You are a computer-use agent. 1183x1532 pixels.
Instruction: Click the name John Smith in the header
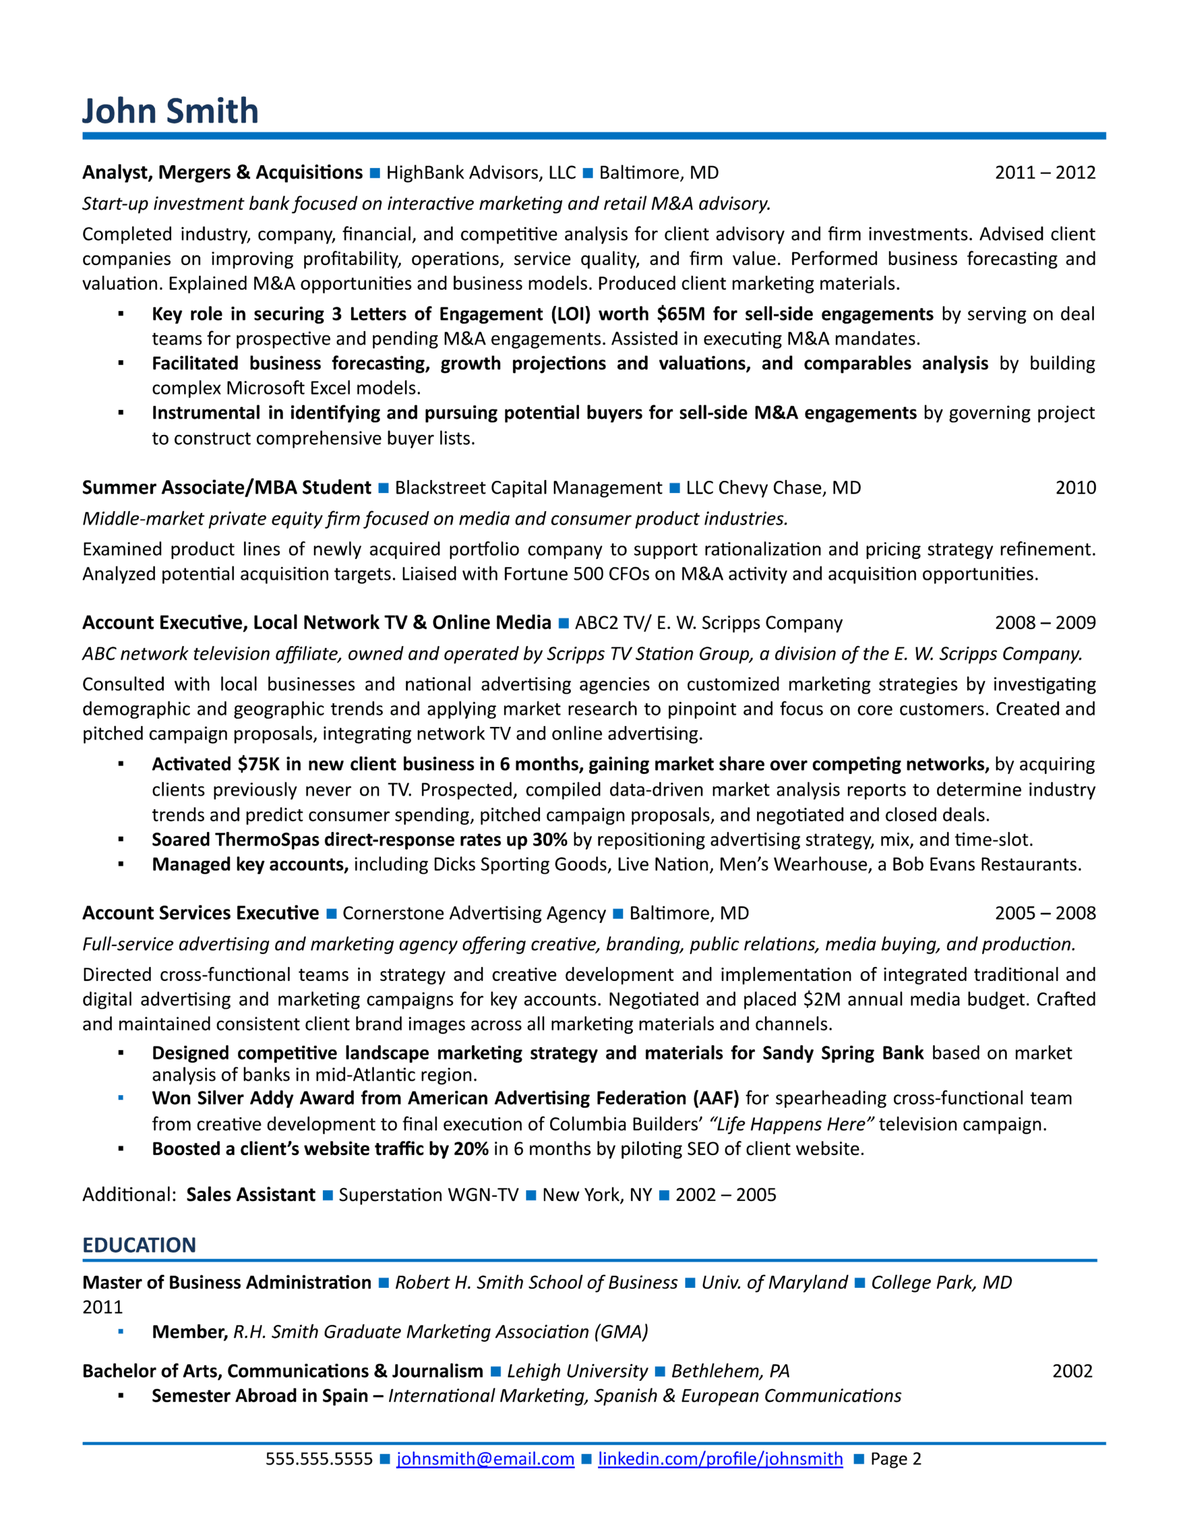tap(170, 111)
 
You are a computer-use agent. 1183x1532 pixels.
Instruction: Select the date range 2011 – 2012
tap(1044, 172)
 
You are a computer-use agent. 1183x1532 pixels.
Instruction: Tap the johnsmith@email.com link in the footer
tap(485, 1458)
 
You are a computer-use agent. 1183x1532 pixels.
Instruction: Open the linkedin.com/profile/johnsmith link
tap(719, 1458)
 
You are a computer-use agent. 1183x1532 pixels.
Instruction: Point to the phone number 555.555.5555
tap(318, 1458)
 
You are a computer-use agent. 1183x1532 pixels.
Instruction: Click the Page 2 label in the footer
tap(895, 1458)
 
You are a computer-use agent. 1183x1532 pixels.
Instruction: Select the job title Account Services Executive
tap(200, 913)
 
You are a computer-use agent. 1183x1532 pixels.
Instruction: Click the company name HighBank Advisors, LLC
tap(480, 172)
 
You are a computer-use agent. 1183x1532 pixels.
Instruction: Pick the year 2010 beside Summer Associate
tap(1075, 488)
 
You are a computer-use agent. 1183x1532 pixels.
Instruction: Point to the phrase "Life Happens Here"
tap(791, 1124)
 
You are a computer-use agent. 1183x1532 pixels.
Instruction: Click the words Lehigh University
tap(577, 1370)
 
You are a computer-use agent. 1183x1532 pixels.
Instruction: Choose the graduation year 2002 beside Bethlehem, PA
tap(1072, 1370)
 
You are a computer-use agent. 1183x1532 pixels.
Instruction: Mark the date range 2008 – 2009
tap(1044, 622)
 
